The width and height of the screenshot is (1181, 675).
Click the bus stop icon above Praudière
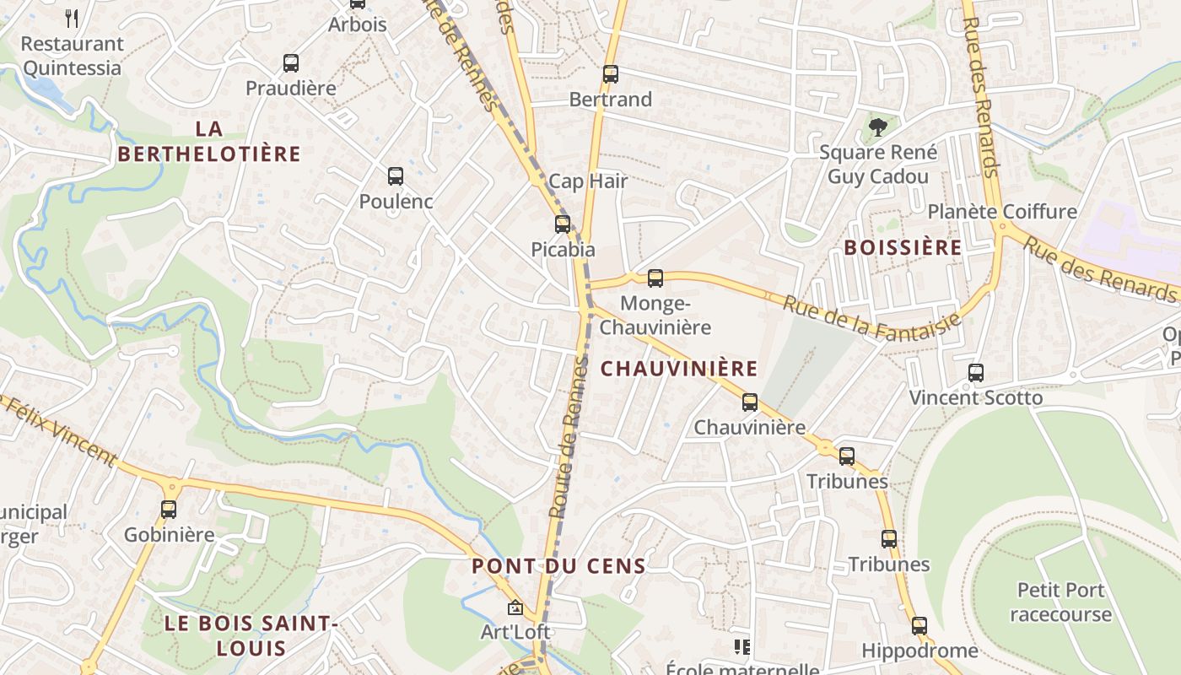pos(291,63)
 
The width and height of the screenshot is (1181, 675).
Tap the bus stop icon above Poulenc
pos(396,176)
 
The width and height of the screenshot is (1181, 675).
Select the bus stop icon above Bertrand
pos(611,74)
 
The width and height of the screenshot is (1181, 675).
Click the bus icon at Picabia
pos(563,224)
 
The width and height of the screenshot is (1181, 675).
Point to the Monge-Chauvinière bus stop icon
pos(655,278)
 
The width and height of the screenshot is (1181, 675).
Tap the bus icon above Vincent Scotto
pos(976,373)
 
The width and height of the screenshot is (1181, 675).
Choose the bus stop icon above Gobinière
pos(169,510)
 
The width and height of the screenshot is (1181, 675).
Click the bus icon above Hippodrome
pos(919,626)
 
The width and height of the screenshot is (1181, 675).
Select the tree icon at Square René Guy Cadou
pos(878,127)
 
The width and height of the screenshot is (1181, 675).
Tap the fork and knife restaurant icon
pos(72,19)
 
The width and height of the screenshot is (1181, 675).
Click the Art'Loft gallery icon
pos(515,607)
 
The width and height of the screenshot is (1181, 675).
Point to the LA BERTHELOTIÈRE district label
pos(209,141)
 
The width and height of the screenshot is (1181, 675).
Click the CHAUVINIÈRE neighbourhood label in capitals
pos(679,369)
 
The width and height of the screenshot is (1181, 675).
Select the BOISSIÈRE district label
pos(903,247)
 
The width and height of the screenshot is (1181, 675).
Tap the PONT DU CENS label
pos(559,566)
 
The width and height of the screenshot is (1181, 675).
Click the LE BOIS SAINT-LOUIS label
pos(251,636)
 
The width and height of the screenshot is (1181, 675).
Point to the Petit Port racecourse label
pos(1061,602)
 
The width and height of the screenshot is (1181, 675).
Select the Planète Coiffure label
pos(1002,211)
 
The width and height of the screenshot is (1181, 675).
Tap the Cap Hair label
pos(588,181)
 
